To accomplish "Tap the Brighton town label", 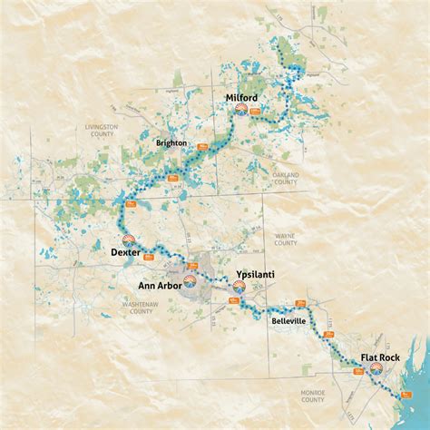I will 171,143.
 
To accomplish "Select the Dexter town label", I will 124,252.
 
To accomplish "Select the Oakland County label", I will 284,178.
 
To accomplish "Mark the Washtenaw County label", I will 141,308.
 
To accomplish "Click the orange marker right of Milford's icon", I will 256,112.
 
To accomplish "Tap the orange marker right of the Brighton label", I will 201,142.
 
